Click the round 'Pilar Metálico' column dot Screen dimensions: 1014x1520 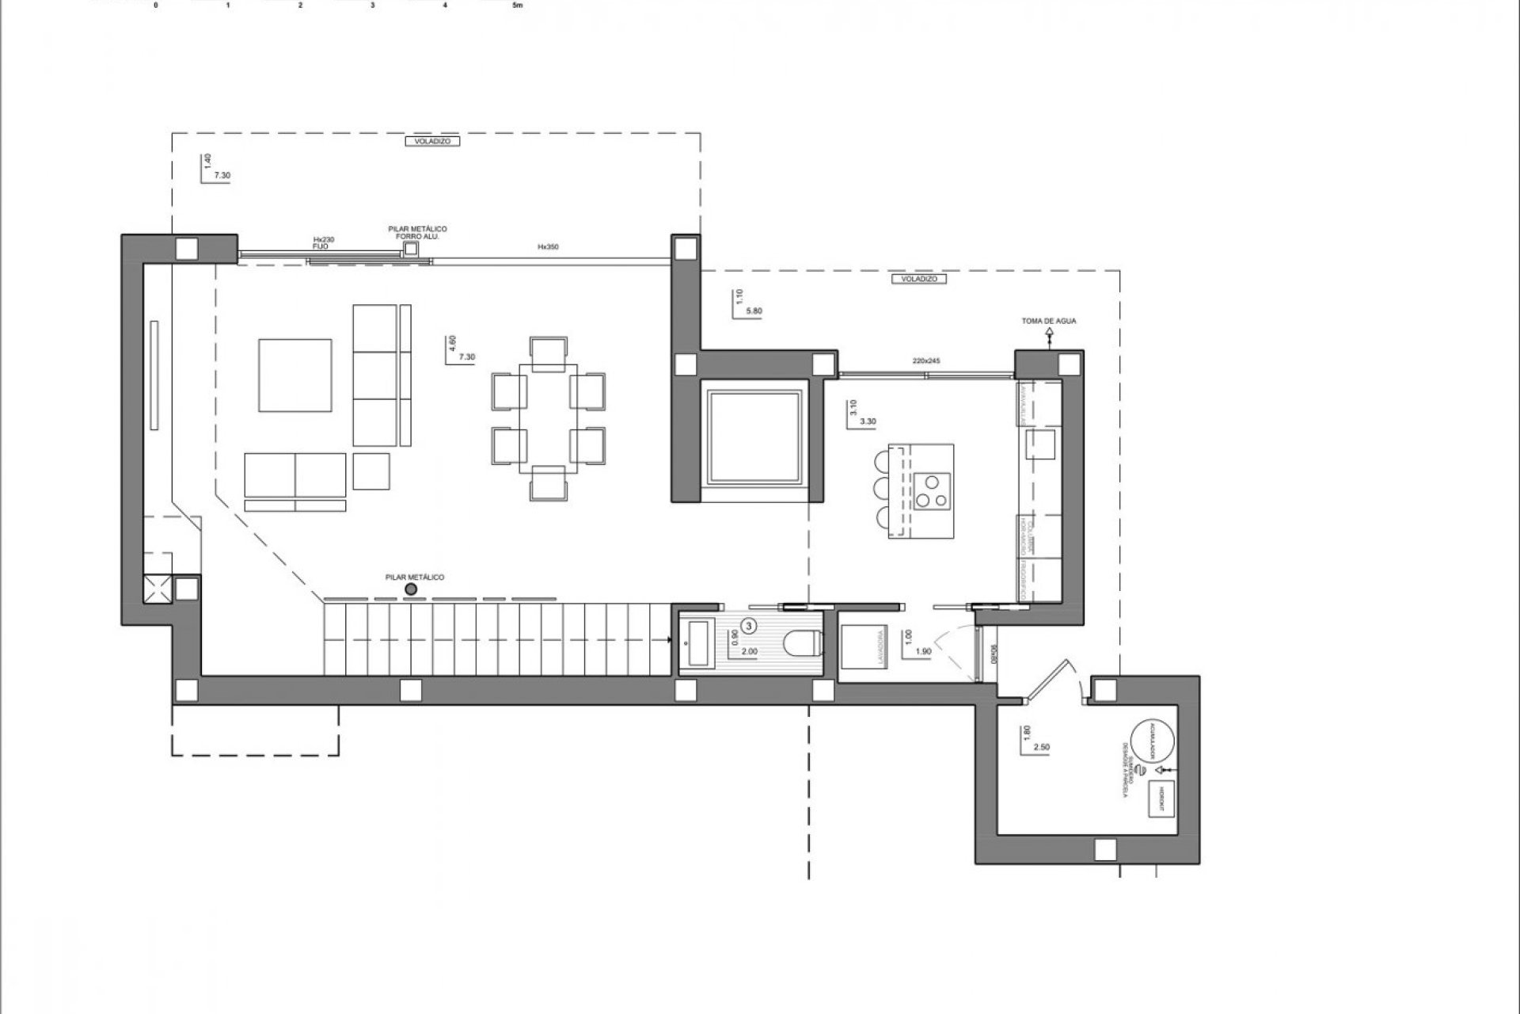(410, 589)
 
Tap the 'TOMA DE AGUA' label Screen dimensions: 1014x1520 (1049, 321)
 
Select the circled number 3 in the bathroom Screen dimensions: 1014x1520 (750, 624)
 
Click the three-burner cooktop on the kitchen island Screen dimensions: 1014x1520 (932, 489)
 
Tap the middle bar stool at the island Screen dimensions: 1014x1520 (882, 486)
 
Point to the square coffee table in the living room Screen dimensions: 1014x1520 (294, 375)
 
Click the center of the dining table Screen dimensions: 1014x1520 (549, 418)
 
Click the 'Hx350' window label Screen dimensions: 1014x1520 (548, 247)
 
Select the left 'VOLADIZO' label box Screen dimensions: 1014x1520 (431, 141)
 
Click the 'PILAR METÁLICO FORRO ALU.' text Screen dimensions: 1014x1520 (417, 232)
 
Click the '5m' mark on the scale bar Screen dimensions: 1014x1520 (518, 5)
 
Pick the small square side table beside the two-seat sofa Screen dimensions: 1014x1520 (371, 471)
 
